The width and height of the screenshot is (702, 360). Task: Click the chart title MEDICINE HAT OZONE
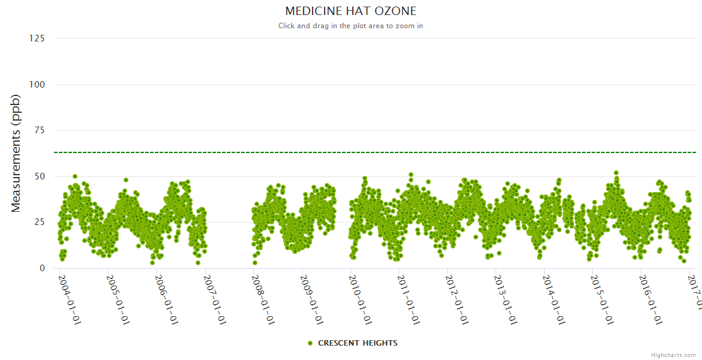pos(350,11)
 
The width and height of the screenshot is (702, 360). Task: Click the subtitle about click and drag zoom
pos(350,26)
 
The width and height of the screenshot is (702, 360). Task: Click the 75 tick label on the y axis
pos(39,130)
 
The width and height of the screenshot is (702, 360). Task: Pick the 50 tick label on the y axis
pos(39,176)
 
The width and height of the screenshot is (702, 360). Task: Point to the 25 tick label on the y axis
pos(39,223)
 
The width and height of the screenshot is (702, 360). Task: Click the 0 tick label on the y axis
pos(41,268)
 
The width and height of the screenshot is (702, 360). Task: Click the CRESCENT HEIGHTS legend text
pos(358,343)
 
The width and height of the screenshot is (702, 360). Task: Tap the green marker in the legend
pos(310,343)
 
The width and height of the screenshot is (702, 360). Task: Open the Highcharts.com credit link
pos(673,355)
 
